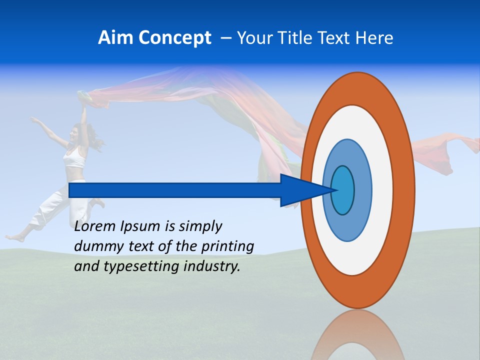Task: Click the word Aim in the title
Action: (115, 38)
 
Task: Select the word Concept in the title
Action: (174, 38)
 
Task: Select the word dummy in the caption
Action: (96, 246)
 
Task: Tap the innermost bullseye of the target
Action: (343, 190)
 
